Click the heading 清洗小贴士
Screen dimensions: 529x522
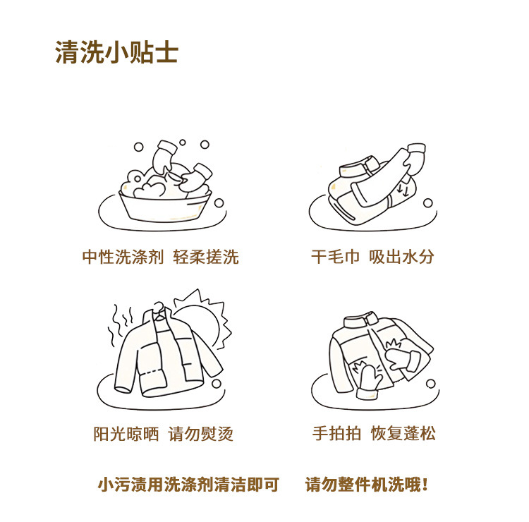[116, 52]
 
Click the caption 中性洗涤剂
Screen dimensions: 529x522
[123, 257]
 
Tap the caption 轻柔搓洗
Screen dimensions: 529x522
[206, 257]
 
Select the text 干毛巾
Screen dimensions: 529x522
[335, 257]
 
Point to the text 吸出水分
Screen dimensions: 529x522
[401, 257]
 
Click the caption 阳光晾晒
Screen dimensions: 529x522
[126, 434]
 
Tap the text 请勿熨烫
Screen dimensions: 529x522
[201, 434]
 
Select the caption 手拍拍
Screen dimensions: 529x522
[336, 433]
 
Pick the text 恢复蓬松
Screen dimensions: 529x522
[403, 433]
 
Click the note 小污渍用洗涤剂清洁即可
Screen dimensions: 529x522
[188, 485]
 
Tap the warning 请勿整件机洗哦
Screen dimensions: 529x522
[366, 485]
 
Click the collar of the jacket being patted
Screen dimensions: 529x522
[361, 320]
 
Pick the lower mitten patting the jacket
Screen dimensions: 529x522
[369, 382]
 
